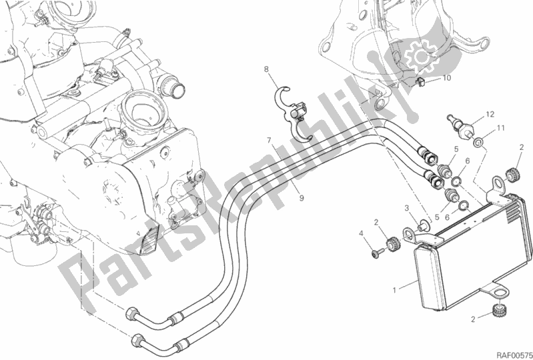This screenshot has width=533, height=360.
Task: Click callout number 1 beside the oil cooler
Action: pos(396,290)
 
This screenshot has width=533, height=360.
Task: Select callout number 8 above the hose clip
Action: pos(265,69)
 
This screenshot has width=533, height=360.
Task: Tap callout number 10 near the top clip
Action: pos(447,78)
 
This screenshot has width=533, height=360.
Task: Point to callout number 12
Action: pos(489,114)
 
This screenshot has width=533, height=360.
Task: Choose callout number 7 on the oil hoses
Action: pos(270,141)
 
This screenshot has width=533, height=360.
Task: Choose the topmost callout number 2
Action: pos(521,147)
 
